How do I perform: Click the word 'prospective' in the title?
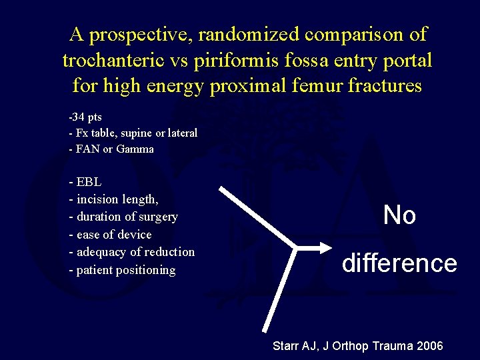click(x=139, y=35)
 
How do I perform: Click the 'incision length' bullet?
click(x=114, y=199)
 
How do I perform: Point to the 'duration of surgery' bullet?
click(x=123, y=217)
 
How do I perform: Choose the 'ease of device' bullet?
click(x=110, y=235)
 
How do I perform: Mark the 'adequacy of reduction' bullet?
click(x=132, y=252)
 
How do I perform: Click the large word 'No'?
click(x=399, y=215)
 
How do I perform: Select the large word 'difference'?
click(x=399, y=263)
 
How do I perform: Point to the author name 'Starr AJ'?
click(x=296, y=346)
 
